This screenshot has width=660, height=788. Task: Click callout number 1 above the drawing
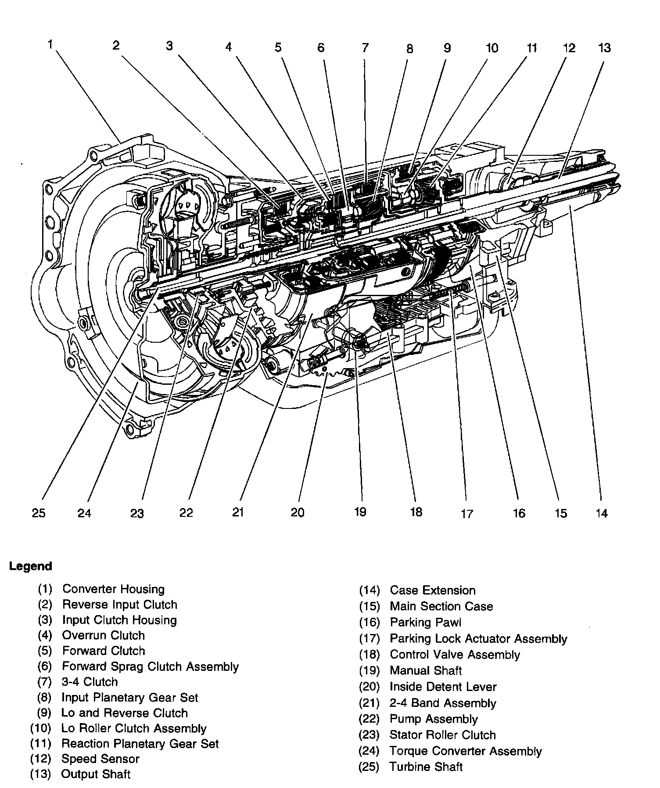click(51, 44)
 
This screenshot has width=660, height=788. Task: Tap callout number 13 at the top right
click(604, 47)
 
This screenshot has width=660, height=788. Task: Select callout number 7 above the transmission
click(365, 47)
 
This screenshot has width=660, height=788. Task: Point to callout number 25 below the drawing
click(39, 512)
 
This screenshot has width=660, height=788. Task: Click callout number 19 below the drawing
click(360, 512)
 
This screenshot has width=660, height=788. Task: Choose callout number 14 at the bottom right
click(602, 512)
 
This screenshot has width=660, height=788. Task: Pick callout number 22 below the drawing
click(186, 512)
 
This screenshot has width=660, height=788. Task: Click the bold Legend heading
click(31, 566)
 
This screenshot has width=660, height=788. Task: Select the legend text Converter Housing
click(113, 589)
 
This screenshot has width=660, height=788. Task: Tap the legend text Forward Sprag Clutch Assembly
click(150, 666)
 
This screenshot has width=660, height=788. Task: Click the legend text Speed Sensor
click(100, 759)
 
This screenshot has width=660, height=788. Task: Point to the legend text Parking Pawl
click(425, 622)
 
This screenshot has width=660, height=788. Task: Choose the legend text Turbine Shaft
click(426, 767)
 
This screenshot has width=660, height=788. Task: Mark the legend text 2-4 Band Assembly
click(442, 703)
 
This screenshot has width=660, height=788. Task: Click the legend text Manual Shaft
click(426, 670)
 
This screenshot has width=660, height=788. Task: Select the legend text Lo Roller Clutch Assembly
click(133, 728)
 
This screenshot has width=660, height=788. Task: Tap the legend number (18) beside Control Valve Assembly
click(369, 655)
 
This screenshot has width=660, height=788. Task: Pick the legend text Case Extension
click(432, 590)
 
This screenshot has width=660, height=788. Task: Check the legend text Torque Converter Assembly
click(465, 751)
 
